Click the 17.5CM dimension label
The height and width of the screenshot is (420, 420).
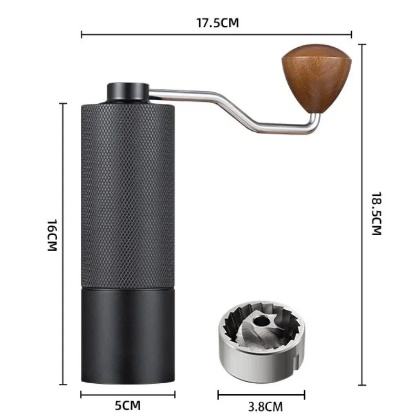coord(216,23)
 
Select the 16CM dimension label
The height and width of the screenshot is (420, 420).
coord(51,236)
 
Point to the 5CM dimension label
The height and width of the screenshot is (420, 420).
coord(128,405)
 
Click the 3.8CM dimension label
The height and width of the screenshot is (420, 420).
coord(261,405)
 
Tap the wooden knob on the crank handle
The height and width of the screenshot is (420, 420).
coord(307,79)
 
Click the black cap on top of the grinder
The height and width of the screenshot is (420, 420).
coord(127,91)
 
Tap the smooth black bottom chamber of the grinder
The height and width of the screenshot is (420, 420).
coord(128,336)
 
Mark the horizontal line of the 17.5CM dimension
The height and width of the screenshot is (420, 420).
coord(157,35)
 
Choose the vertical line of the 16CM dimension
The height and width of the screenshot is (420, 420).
coord(64,157)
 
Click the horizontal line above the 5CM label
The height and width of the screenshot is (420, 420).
coord(128,394)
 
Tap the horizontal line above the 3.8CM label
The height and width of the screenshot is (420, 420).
coord(261,394)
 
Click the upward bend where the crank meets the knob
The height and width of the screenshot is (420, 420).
coord(315,122)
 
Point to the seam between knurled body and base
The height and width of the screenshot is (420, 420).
coord(128,288)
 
